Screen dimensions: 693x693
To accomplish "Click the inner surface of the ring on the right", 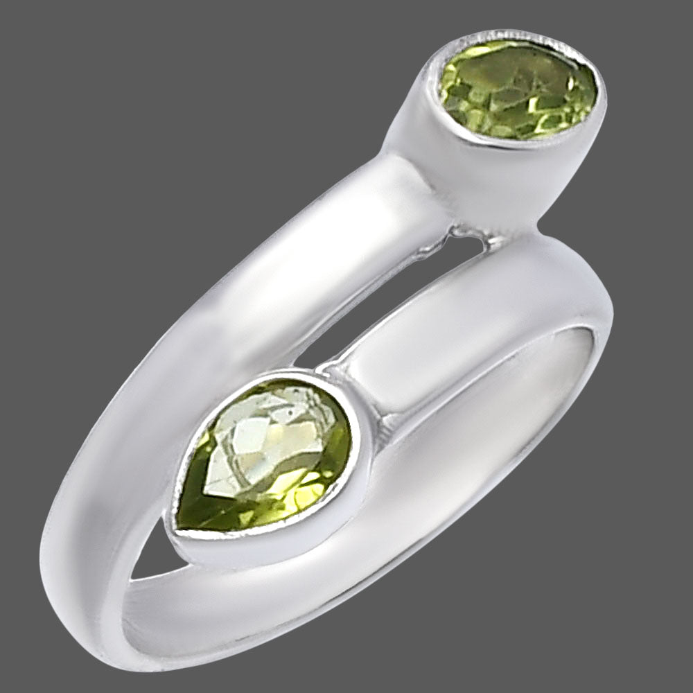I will point(554,388).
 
